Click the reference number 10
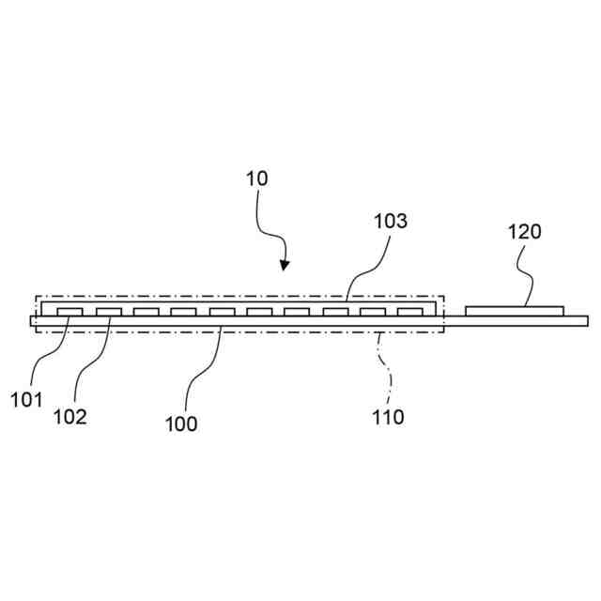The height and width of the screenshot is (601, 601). click(256, 178)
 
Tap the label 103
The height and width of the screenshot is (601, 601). click(391, 222)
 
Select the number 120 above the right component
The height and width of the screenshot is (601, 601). click(525, 232)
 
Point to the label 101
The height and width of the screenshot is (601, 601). click(26, 400)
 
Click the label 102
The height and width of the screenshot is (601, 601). click(69, 417)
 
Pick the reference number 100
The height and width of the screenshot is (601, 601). click(181, 424)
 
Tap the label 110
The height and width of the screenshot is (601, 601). click(387, 417)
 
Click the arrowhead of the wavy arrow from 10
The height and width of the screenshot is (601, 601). click(285, 265)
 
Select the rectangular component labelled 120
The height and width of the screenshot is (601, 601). click(515, 310)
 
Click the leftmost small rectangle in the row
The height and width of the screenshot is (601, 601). click(70, 311)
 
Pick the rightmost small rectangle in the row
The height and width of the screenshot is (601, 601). click(410, 311)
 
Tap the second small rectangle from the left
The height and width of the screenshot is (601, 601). click(108, 311)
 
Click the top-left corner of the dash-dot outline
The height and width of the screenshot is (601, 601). click(37, 297)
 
